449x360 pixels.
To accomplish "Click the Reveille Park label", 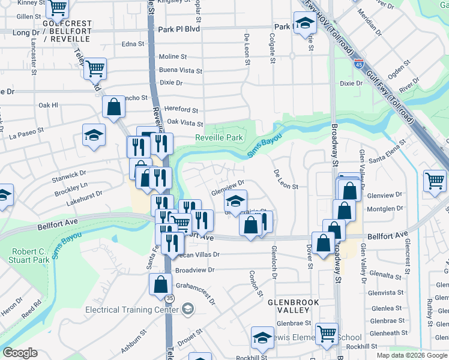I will pos(218,137).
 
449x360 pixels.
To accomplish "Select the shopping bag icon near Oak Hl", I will pos(113,107).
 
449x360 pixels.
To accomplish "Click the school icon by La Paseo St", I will pos(94,135).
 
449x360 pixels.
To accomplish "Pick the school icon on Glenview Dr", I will pos(236,200).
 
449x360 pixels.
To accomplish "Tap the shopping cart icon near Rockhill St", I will pos(327,334).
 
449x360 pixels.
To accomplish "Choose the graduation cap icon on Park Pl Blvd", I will pos(305,23).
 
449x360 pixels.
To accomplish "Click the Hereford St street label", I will pos(182,110).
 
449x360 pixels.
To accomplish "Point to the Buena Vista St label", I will pos(180,70).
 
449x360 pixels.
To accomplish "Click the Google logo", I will pos(20,353).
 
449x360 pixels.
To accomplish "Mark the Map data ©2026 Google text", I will pos(411,355).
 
